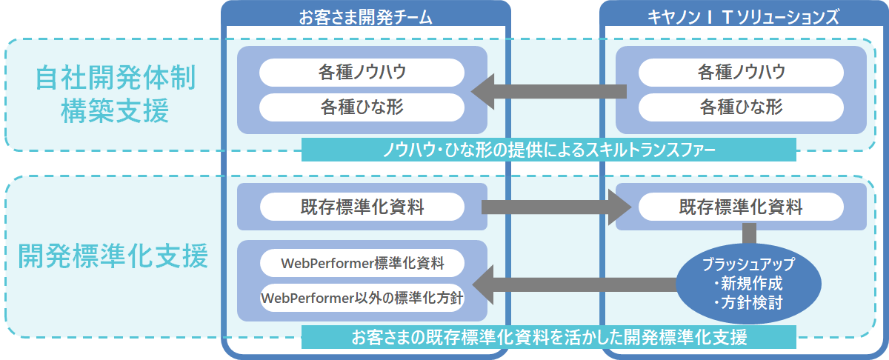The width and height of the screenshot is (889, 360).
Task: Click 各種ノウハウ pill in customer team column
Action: click(x=362, y=73)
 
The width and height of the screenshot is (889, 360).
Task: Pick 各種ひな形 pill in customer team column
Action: click(x=362, y=107)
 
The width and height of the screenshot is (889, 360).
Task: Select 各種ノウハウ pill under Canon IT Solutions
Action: click(x=741, y=73)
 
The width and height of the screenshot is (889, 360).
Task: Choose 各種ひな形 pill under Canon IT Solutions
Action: click(x=741, y=107)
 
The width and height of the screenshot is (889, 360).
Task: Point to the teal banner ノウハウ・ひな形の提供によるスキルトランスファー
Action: click(x=548, y=150)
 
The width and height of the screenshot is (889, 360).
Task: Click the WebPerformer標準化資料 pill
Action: click(x=362, y=263)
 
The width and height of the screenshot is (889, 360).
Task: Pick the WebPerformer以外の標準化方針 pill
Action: click(x=362, y=297)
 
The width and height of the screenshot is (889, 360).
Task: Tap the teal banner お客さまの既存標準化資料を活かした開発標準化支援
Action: click(x=548, y=338)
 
